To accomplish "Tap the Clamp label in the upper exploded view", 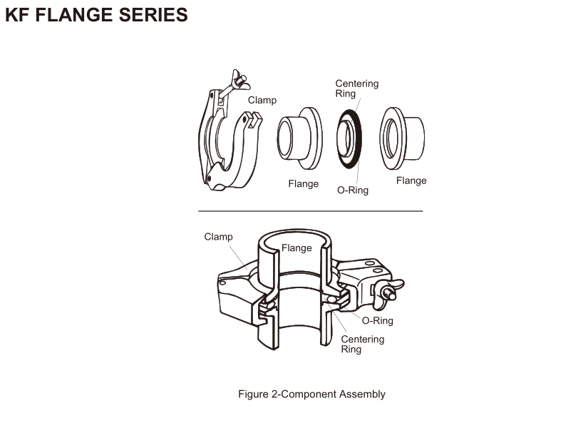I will tap(262, 101).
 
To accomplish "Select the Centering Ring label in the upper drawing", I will tap(356, 88).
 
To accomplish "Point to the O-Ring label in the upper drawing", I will tap(353, 190).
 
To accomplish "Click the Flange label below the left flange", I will tap(303, 184).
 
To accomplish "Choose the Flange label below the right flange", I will tap(411, 180).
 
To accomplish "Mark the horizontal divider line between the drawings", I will tap(310, 211).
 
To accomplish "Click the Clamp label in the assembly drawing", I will tap(218, 237).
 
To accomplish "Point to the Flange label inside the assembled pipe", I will tap(296, 248).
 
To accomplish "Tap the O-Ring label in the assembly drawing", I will tap(378, 321).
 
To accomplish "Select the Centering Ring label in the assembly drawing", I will tap(362, 344).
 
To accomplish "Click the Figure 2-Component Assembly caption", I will tap(311, 394).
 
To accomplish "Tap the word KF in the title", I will tap(18, 15).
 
